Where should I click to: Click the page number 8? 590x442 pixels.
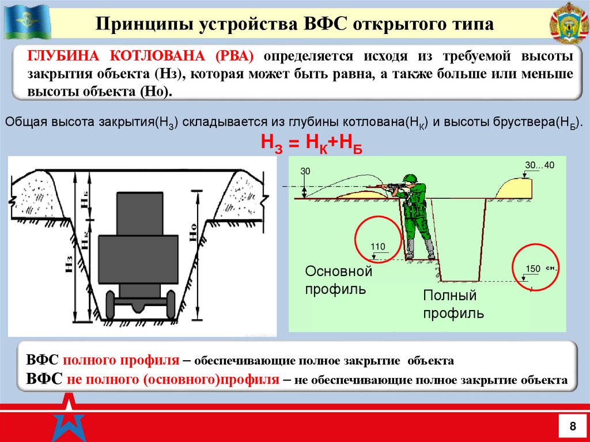tap(572, 426)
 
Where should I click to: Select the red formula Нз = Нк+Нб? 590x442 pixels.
tap(312, 143)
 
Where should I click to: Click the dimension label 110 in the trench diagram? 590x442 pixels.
tap(377, 247)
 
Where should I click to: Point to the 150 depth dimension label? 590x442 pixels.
tap(533, 269)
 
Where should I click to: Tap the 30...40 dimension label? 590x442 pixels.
tap(539, 165)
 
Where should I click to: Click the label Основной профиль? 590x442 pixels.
tap(339, 279)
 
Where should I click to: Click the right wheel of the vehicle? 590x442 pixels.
tap(170, 305)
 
